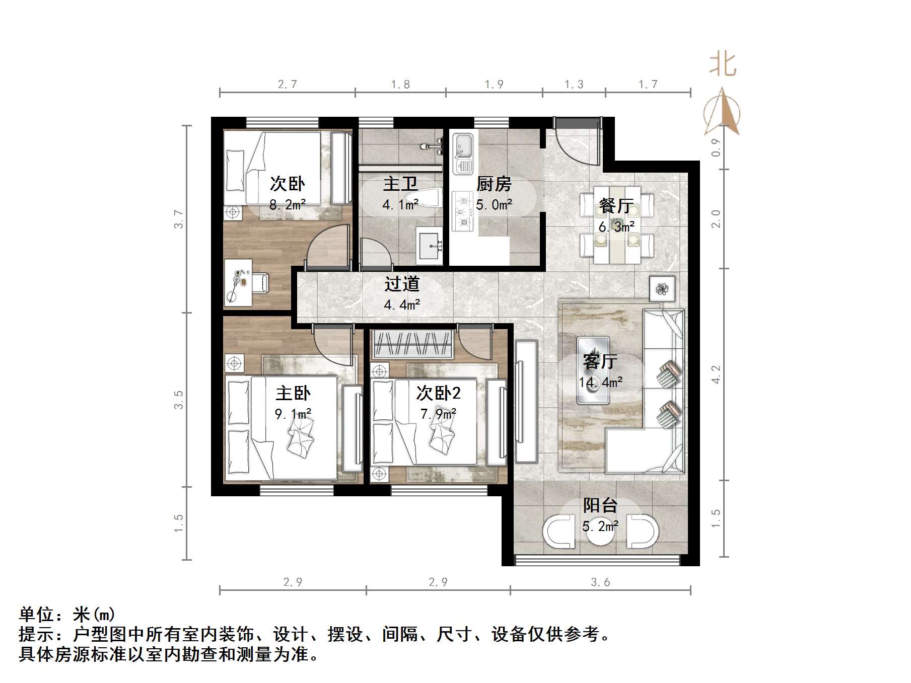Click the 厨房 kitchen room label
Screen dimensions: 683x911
pos(494,184)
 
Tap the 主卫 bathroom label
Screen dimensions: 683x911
pos(400,184)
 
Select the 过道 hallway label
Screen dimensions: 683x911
pos(402,284)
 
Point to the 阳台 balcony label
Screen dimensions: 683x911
pos(600,505)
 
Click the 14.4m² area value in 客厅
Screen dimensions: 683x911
pos(600,383)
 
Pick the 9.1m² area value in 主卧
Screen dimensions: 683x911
pos(293,414)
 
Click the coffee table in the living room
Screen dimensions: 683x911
pos(593,370)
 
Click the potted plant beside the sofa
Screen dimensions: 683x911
pos(661,288)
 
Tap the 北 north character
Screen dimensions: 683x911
pos(723,64)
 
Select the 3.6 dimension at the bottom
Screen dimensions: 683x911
pos(600,582)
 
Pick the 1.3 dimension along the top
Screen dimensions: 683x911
pos(574,85)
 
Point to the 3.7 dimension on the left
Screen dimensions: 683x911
pos(179,219)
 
